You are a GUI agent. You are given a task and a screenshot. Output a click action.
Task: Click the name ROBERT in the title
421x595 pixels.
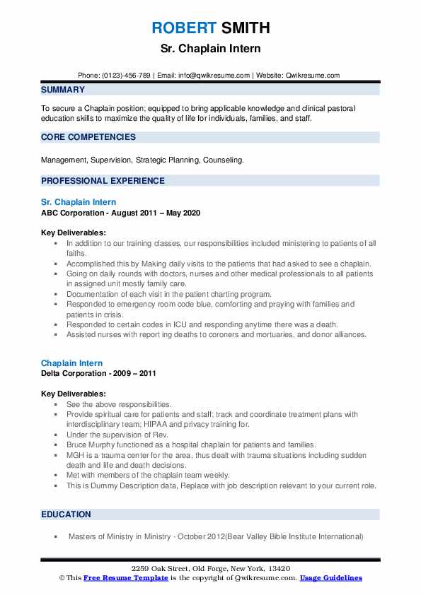[183, 28]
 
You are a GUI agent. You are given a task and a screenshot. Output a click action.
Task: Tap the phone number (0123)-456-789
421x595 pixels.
[128, 76]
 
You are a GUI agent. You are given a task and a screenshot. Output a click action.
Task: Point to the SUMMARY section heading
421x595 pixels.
[63, 90]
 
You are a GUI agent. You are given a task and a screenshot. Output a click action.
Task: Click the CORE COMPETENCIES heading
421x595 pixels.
[88, 137]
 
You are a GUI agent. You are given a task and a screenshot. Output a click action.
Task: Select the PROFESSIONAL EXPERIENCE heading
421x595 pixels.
[103, 180]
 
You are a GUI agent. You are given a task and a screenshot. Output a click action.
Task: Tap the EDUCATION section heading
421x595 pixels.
[66, 514]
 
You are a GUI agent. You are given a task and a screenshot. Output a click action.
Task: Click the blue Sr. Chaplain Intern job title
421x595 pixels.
[79, 202]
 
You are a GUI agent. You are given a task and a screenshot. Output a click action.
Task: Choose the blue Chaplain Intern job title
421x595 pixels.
[71, 363]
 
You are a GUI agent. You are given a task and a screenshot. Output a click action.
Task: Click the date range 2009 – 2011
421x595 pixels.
[137, 372]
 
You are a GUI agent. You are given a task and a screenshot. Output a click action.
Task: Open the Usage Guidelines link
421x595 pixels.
[330, 578]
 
